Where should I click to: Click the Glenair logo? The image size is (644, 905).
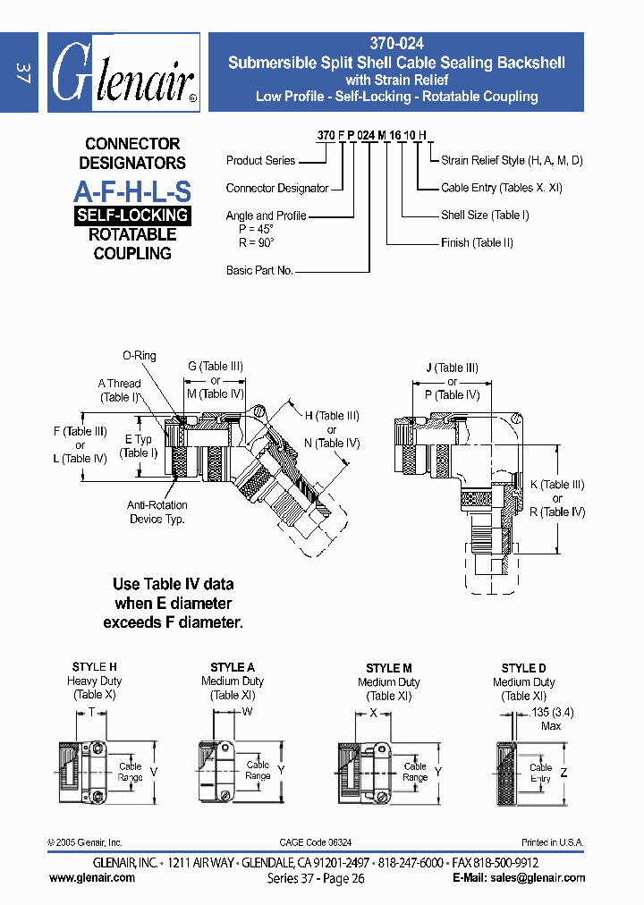click(123, 74)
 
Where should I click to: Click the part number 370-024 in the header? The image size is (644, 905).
click(395, 43)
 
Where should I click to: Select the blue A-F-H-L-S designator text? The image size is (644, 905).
click(132, 190)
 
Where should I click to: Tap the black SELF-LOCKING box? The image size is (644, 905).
click(132, 216)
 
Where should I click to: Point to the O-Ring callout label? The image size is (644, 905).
click(140, 356)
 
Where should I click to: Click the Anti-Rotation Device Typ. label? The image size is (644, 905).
click(157, 512)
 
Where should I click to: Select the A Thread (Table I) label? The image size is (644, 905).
click(120, 390)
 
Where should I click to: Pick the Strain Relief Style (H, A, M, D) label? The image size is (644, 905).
click(512, 160)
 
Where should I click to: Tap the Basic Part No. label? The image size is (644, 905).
click(259, 270)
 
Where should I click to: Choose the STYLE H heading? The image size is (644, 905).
click(94, 667)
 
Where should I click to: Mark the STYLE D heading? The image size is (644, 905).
click(523, 668)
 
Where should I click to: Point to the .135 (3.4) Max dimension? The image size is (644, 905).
click(551, 719)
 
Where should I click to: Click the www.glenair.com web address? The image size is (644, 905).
click(92, 877)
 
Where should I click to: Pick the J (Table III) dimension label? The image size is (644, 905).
click(453, 368)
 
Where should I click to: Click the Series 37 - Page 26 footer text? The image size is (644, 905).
click(316, 878)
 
